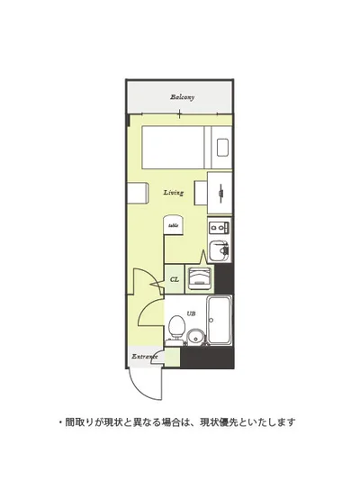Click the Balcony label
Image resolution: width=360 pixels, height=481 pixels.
[x=183, y=97]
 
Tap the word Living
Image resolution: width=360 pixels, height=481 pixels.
[x=174, y=193]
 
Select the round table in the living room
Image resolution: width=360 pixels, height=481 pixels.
[x=174, y=225]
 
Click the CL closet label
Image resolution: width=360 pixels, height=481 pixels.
[x=175, y=279]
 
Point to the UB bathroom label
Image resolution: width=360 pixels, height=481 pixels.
[x=191, y=313]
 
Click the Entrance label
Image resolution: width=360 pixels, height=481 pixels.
[x=145, y=357]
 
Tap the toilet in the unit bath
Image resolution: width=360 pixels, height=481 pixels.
[x=176, y=327]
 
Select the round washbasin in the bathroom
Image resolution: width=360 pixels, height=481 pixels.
[x=195, y=338]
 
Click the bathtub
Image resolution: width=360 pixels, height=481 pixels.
[x=220, y=320]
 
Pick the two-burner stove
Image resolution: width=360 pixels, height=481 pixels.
[x=219, y=227]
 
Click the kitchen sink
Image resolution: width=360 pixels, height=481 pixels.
[x=219, y=250]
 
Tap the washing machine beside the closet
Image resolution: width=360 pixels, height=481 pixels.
[x=200, y=278]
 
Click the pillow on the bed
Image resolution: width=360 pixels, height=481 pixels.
[x=222, y=148]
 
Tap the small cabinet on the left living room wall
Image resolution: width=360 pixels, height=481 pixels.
[x=138, y=193]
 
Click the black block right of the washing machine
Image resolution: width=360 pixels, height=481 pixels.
[x=224, y=278]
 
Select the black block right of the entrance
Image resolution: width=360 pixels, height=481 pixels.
[x=207, y=358]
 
